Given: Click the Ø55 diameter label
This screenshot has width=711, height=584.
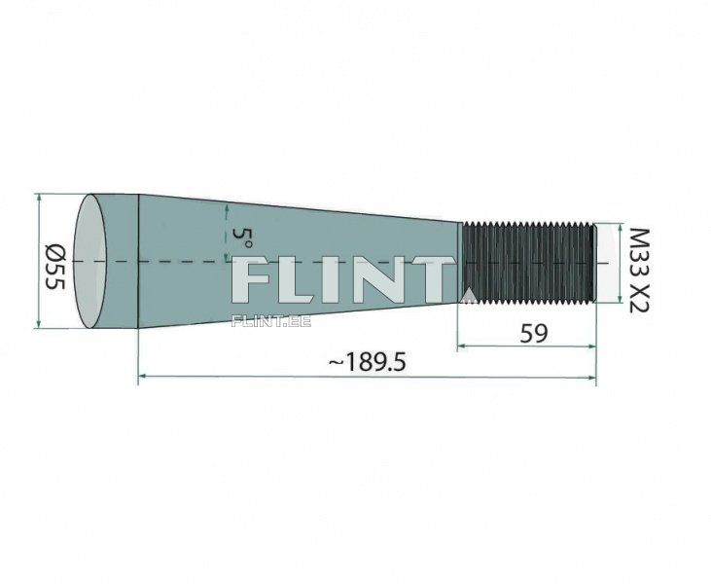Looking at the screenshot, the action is click(55, 268).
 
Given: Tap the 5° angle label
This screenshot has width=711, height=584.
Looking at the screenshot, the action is click(242, 237).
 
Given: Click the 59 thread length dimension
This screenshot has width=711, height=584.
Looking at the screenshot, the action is click(534, 334).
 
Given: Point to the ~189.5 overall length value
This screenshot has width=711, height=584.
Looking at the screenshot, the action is click(367, 362).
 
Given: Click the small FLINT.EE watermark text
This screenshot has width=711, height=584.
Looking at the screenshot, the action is click(271, 321).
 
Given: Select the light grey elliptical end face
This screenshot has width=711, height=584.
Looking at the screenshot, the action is click(90, 261).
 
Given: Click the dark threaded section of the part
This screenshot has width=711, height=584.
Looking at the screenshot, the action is click(528, 263).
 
